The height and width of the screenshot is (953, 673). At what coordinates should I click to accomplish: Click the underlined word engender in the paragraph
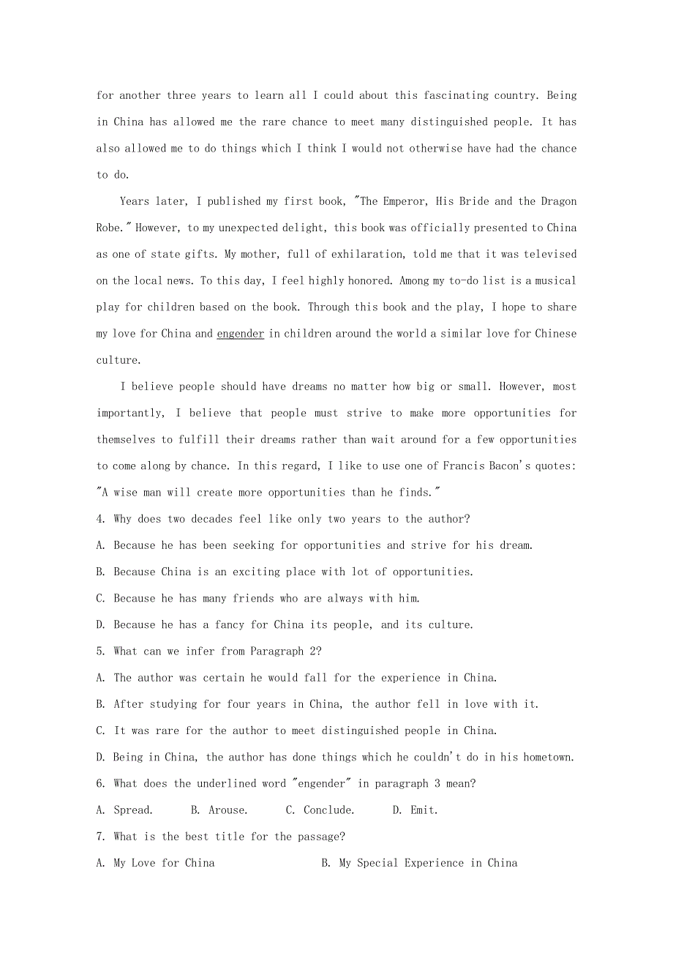point(240,334)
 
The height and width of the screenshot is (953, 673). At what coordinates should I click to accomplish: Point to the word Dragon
point(558,201)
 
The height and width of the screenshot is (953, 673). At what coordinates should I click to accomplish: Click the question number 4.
point(100,519)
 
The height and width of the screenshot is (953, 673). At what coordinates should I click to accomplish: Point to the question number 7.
point(100,837)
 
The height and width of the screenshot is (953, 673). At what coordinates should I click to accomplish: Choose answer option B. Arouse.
point(219,810)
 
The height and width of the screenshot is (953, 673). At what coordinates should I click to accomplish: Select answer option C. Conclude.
point(320,810)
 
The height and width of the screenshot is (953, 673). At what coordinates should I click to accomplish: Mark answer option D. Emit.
point(415,810)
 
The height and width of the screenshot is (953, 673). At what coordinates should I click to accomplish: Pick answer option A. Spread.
point(124,810)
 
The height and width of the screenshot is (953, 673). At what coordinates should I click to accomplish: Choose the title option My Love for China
point(156,863)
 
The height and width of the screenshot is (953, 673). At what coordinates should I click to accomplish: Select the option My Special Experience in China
point(419,863)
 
